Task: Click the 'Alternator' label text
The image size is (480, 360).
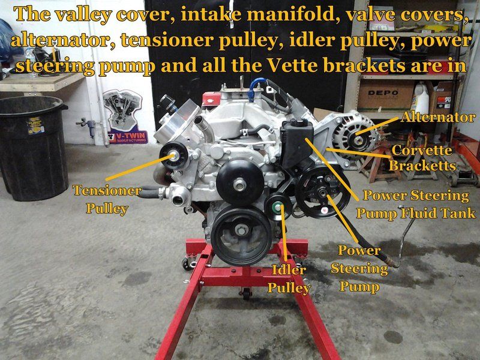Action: point(438,117)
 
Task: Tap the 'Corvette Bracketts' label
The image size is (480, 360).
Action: point(422,158)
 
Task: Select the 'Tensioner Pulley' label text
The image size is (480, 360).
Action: point(107,199)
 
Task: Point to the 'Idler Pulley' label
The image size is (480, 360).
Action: point(289,279)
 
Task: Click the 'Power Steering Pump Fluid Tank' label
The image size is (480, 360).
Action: point(416,204)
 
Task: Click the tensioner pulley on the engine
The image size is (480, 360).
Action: point(173,155)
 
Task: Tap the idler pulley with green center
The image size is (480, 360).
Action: point(278,207)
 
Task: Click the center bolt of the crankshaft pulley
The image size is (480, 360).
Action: point(242,230)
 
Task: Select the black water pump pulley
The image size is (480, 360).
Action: point(239,183)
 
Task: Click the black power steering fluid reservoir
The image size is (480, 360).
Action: point(298,142)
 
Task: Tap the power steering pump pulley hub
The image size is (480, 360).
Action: point(322,193)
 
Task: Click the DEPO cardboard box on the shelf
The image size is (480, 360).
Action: point(385,95)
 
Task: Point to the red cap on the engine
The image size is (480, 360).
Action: point(212,99)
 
